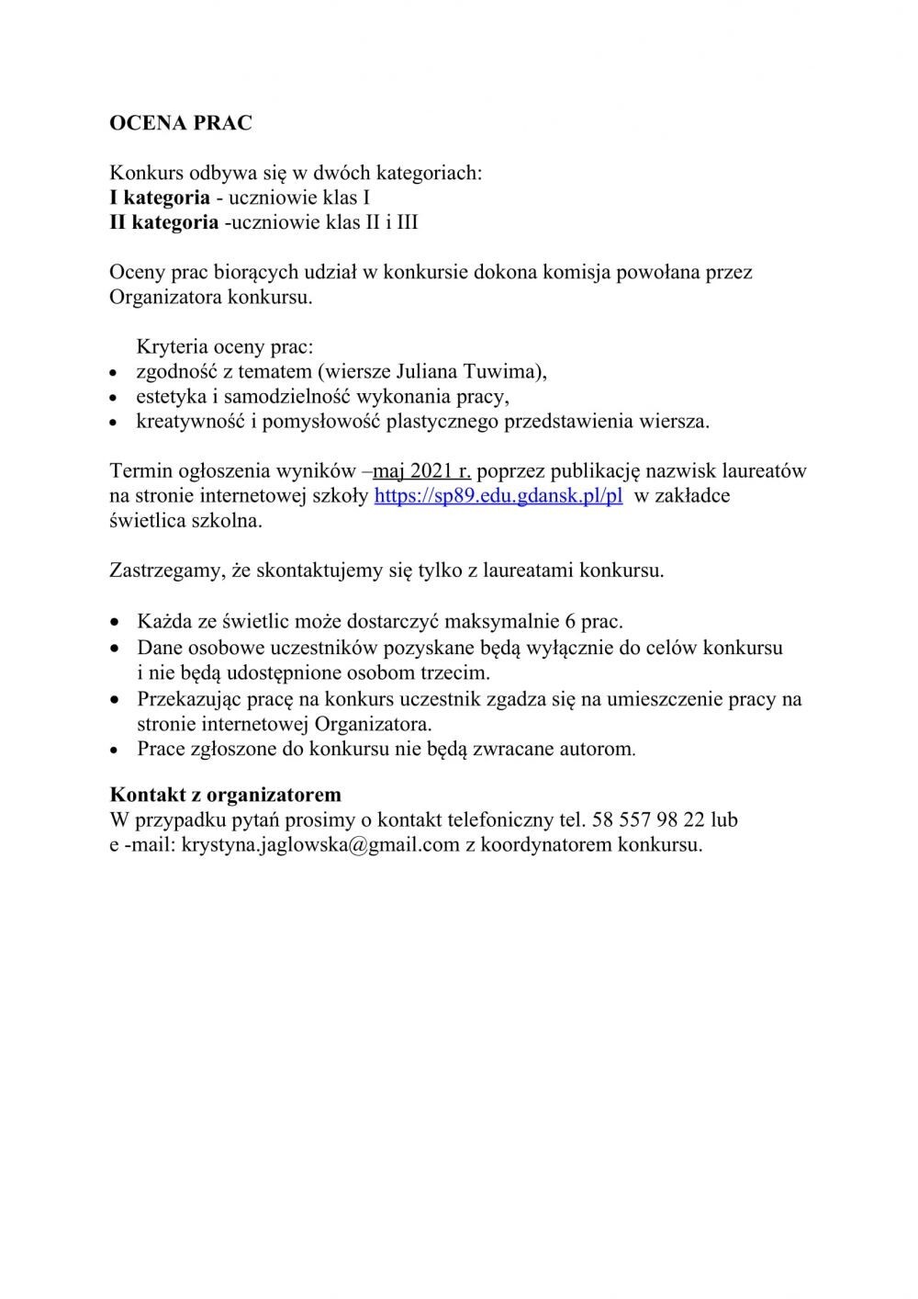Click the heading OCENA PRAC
180,123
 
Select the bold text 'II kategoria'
164,221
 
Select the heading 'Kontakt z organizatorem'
225,794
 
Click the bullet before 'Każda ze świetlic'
114,622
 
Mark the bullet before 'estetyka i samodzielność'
114,399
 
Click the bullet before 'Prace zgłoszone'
114,750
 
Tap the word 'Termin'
140,472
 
